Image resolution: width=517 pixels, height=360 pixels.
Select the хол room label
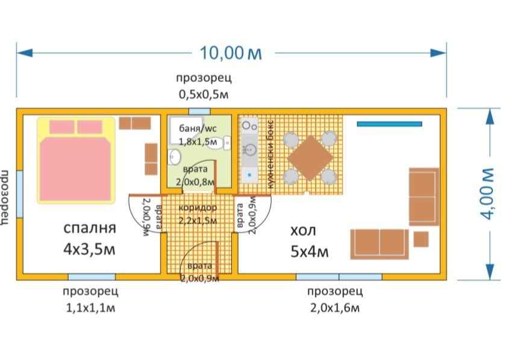[x=303, y=232]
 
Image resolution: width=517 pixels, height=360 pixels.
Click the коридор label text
[x=198, y=207]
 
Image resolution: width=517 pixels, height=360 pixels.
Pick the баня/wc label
[x=198, y=128]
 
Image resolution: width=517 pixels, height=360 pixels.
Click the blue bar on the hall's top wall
[x=389, y=124]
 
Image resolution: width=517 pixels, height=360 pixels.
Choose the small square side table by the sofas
[x=421, y=239]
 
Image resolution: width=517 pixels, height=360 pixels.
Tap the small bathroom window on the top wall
[x=199, y=111]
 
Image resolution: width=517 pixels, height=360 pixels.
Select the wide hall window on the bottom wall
[x=339, y=277]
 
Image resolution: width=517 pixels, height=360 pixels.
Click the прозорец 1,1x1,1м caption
[x=90, y=300]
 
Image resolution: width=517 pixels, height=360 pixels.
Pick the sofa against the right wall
[x=424, y=197]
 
